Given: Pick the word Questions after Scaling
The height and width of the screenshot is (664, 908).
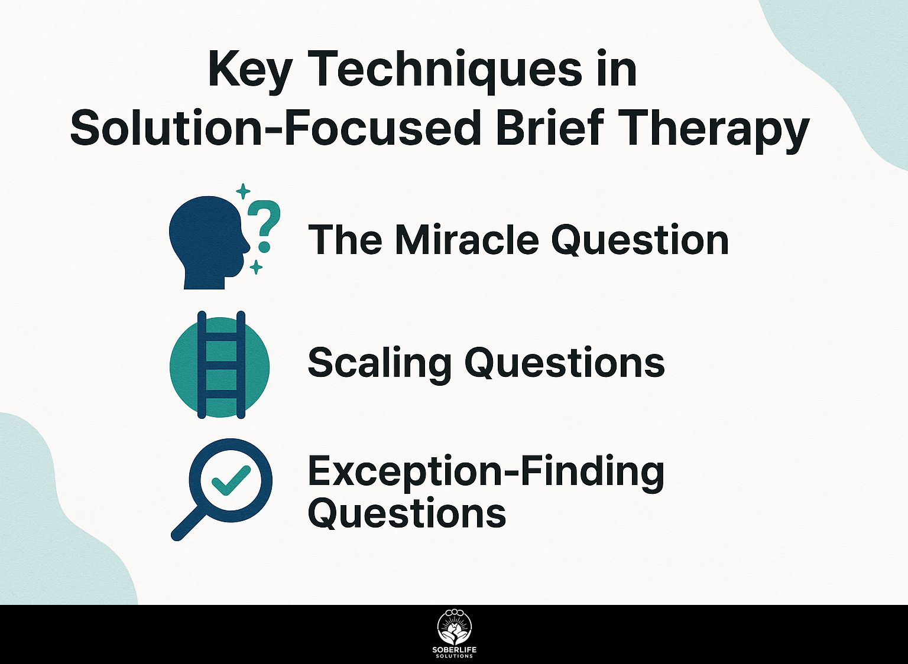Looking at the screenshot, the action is [566, 363].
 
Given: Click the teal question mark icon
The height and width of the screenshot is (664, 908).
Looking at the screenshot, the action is [264, 226].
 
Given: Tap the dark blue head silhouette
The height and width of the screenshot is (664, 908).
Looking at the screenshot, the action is [209, 242].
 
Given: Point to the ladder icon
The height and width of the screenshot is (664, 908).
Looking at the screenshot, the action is [221, 364].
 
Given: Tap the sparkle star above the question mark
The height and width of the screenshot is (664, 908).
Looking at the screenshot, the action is [243, 191].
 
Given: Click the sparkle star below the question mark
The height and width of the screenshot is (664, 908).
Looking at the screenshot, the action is [256, 268].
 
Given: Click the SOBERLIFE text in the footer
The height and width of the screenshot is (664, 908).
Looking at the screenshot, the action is [455, 649].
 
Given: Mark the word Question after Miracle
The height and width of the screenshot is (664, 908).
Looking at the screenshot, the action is [640, 240].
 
